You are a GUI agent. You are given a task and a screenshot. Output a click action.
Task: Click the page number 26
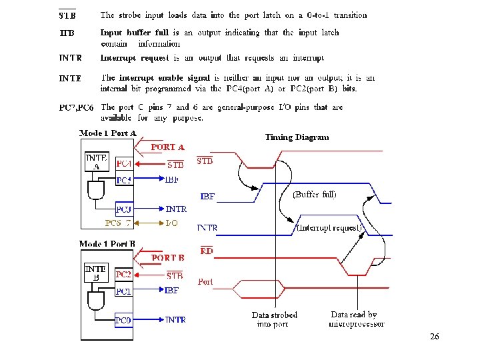435,337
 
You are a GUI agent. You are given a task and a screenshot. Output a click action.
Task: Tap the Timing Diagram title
297,137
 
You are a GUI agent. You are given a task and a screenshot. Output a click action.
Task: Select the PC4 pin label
124,163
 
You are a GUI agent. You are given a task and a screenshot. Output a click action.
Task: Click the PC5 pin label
124,180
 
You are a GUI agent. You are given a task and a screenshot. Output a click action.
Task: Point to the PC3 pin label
124,209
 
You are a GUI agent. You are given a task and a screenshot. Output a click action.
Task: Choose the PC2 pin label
123,274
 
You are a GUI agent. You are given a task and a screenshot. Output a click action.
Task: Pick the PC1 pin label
123,291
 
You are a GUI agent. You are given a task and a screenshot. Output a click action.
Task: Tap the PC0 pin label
123,319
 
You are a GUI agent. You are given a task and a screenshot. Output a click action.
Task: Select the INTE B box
96,273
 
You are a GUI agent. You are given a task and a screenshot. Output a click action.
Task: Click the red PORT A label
168,147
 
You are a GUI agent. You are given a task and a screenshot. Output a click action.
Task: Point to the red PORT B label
168,257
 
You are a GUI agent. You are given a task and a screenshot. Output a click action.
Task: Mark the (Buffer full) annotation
315,195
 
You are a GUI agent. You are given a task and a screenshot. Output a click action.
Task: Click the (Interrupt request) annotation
329,228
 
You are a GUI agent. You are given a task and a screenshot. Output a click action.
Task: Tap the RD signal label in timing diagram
206,251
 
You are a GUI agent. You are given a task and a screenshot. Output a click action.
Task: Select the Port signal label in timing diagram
206,282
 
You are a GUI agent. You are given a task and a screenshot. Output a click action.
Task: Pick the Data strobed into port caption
274,319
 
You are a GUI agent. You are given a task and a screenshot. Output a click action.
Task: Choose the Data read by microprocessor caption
356,319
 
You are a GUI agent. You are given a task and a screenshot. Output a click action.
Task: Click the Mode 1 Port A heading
108,133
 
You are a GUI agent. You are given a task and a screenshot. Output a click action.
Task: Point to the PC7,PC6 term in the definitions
77,107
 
